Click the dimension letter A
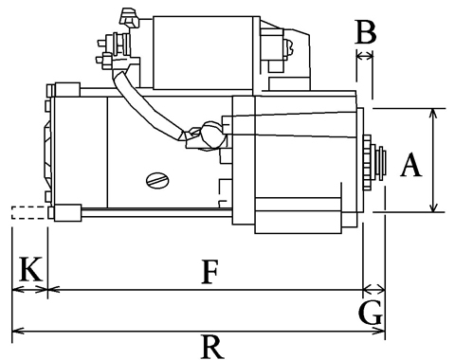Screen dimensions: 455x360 [x=410, y=165]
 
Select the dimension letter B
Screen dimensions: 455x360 [x=366, y=32]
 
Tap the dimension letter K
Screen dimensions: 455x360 [x=31, y=269]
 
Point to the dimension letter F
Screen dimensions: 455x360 [x=210, y=272]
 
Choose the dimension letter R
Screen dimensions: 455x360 [x=212, y=347]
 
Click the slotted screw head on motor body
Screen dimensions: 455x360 [x=157, y=181]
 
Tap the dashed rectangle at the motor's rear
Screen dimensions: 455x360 [x=29, y=212]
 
